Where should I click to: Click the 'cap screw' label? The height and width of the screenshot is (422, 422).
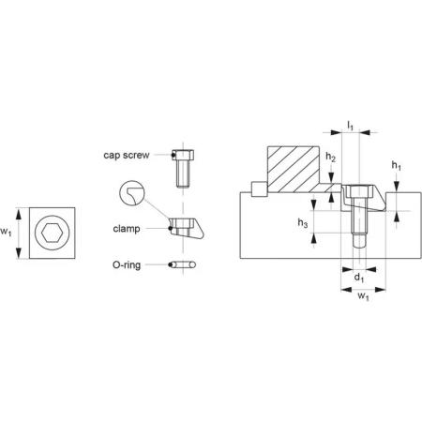pyautogui.click(x=127, y=155)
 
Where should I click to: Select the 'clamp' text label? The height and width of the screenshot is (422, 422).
pyautogui.click(x=127, y=229)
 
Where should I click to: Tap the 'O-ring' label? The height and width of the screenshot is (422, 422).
pyautogui.click(x=127, y=265)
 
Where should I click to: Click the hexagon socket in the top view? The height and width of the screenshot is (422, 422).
pyautogui.click(x=51, y=233)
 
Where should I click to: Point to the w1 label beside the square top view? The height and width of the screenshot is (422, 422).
pyautogui.click(x=6, y=232)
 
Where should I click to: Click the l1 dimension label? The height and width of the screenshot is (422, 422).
pyautogui.click(x=350, y=125)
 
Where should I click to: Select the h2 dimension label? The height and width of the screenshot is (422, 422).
pyautogui.click(x=330, y=157)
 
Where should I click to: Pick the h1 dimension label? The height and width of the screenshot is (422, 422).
pyautogui.click(x=397, y=166)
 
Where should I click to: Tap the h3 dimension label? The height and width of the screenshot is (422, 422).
pyautogui.click(x=303, y=223)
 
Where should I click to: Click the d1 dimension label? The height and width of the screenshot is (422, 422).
pyautogui.click(x=359, y=278)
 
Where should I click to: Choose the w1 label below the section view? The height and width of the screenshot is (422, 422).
pyautogui.click(x=363, y=295)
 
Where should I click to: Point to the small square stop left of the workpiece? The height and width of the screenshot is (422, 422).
pyautogui.click(x=259, y=189)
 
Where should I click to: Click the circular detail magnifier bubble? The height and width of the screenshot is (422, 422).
pyautogui.click(x=132, y=192)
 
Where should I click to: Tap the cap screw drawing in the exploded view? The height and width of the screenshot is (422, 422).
pyautogui.click(x=183, y=169)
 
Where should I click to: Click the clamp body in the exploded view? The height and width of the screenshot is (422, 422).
pyautogui.click(x=187, y=228)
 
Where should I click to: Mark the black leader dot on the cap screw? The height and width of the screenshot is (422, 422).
pyautogui.click(x=173, y=155)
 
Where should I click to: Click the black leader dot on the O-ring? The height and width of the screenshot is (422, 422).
pyautogui.click(x=170, y=265)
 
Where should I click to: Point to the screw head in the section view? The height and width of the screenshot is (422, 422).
pyautogui.click(x=359, y=191)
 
